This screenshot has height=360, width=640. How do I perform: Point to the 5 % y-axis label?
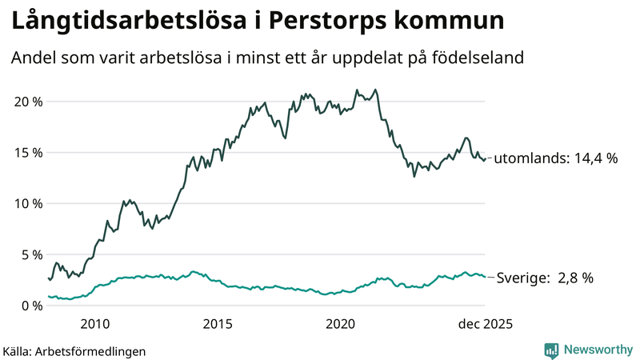click(30, 255)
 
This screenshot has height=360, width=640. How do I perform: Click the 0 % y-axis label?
click(30, 306)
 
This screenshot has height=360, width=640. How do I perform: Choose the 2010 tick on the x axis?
click(95, 324)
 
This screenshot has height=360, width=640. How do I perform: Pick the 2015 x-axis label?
click(218, 324)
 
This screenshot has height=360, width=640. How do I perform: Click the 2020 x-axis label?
click(341, 324)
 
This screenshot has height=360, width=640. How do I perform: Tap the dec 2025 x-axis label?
click(484, 324)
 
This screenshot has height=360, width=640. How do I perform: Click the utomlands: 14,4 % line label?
click(555, 158)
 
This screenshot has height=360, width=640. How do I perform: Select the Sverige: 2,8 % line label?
click(544, 278)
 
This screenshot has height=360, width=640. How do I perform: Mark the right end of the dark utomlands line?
click(486, 158)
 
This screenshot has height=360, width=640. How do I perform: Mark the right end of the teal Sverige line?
click(486, 277)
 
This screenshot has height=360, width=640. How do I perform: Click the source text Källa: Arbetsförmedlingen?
click(74, 350)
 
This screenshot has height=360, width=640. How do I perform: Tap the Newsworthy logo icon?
click(551, 350)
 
